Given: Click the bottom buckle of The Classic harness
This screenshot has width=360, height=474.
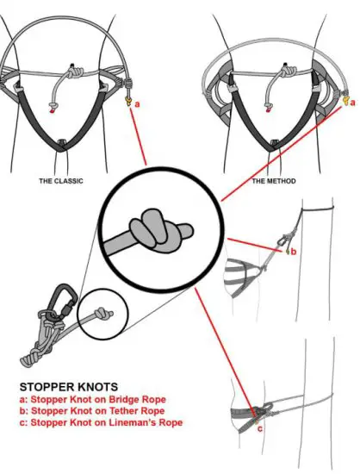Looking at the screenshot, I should [x=61, y=140].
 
